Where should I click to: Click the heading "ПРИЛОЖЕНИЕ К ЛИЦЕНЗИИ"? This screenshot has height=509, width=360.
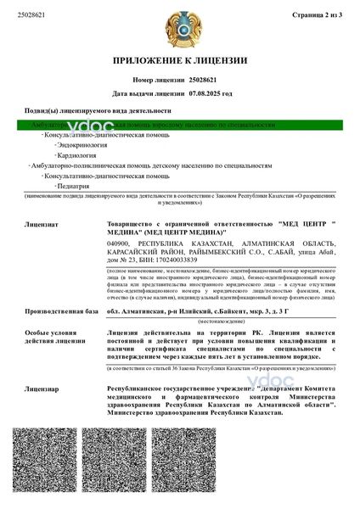180,62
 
